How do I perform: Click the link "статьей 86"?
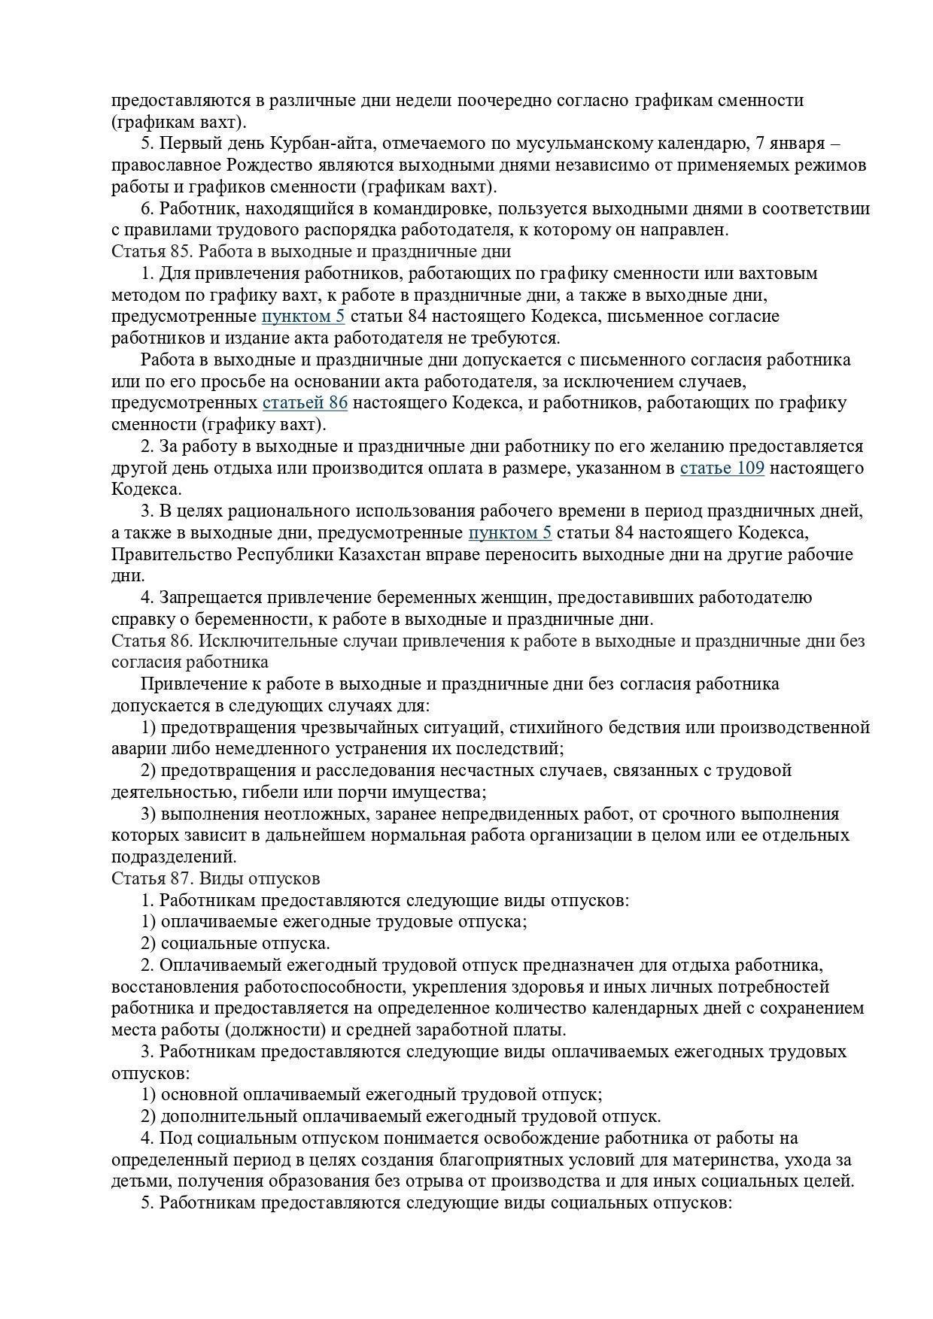305,403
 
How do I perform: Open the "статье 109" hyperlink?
722,468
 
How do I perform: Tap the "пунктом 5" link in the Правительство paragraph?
509,533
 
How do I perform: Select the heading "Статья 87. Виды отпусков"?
215,878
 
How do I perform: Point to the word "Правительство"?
172,555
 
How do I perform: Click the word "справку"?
141,620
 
